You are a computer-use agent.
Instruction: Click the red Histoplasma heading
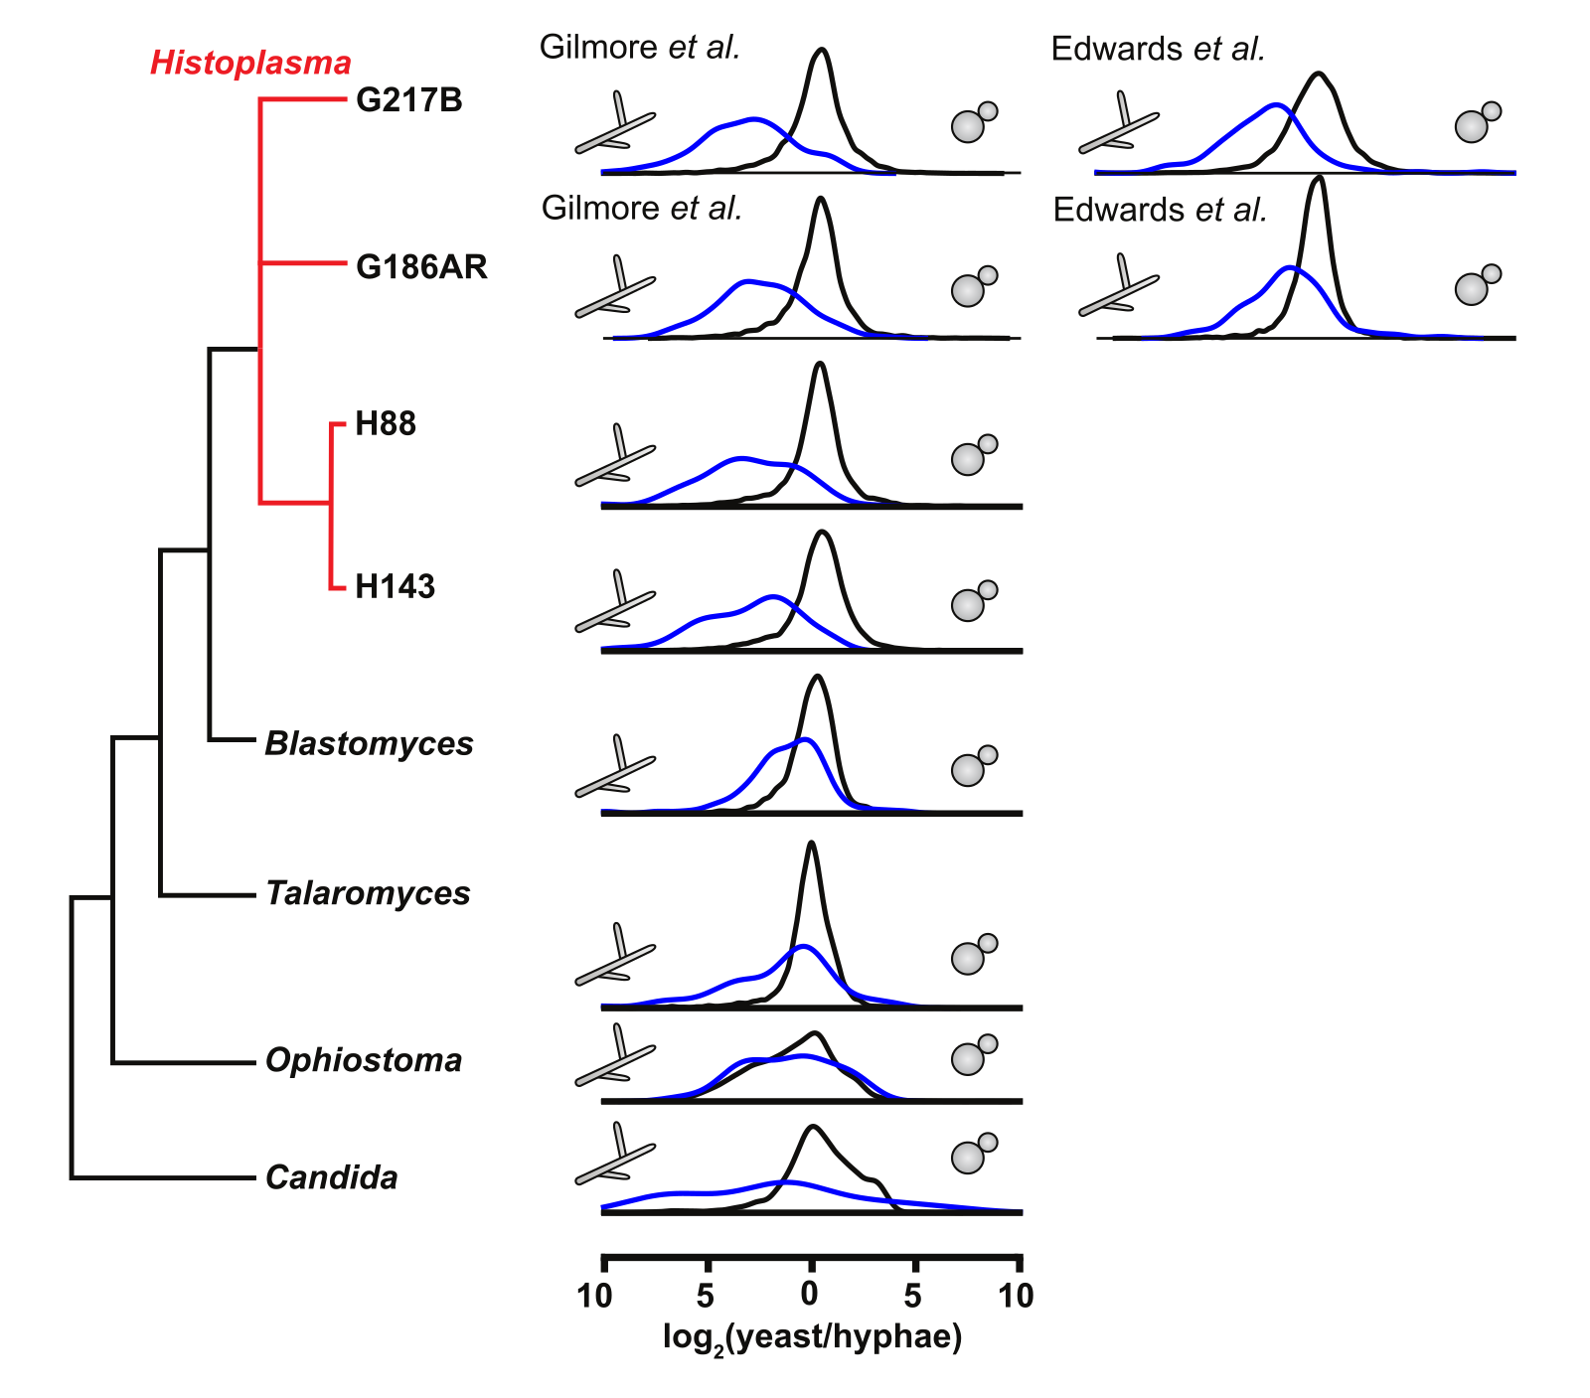(x=250, y=64)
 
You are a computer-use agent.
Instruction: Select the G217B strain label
(x=409, y=100)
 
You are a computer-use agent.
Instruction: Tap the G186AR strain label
(x=421, y=267)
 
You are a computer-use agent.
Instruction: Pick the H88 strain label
(x=386, y=424)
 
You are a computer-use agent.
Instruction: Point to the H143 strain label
(x=395, y=586)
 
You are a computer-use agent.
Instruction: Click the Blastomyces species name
(x=369, y=743)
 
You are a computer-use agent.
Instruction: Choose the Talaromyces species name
(x=368, y=893)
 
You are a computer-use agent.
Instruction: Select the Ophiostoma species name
(x=364, y=1060)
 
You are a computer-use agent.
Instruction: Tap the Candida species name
(x=331, y=1177)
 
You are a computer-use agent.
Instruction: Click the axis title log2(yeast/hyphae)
(x=812, y=1337)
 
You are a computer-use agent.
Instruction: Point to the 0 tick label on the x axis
(x=810, y=1295)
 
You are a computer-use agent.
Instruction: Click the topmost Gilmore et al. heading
(x=639, y=47)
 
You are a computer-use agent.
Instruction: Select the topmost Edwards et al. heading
(x=1158, y=49)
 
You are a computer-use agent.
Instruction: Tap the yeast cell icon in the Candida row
(x=972, y=1154)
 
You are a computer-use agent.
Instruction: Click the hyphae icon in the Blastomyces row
(x=615, y=771)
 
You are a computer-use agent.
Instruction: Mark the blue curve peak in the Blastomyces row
(x=807, y=739)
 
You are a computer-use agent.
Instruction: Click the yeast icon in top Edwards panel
(x=1476, y=122)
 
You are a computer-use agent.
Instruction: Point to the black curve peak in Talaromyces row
(x=811, y=843)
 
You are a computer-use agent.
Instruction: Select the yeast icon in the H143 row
(x=972, y=601)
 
